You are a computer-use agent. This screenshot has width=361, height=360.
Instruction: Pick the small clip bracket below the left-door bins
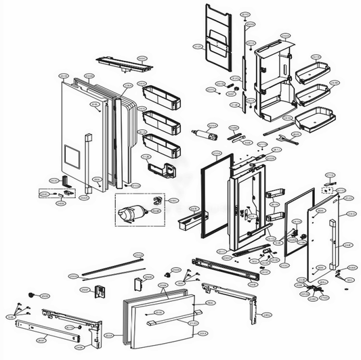[x=159, y=166]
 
